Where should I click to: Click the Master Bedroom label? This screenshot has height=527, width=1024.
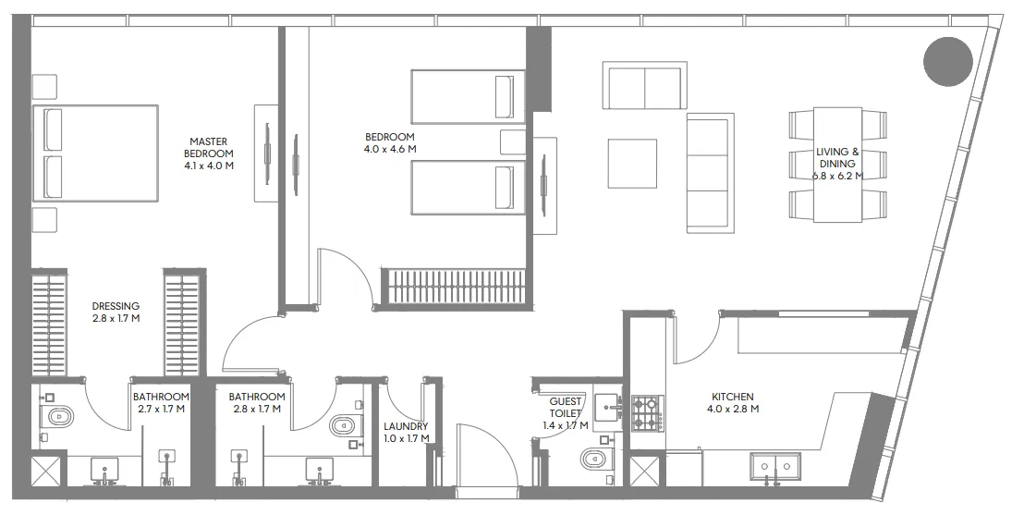pyautogui.click(x=209, y=153)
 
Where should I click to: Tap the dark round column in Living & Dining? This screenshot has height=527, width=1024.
pyautogui.click(x=948, y=61)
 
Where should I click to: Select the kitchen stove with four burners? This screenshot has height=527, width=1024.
pyautogui.click(x=647, y=413)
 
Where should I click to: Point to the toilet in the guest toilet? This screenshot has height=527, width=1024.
pyautogui.click(x=594, y=460)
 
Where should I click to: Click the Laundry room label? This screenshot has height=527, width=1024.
pyautogui.click(x=407, y=433)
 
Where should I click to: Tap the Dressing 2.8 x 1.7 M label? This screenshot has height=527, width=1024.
pyautogui.click(x=116, y=313)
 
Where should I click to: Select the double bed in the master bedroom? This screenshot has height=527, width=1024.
pyautogui.click(x=95, y=153)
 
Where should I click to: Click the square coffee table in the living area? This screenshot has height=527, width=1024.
pyautogui.click(x=632, y=164)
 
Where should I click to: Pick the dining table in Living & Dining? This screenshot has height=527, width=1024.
pyautogui.click(x=838, y=165)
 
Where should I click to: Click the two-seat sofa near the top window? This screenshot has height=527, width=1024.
pyautogui.click(x=644, y=86)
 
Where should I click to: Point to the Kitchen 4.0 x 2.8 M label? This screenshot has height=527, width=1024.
pyautogui.click(x=733, y=403)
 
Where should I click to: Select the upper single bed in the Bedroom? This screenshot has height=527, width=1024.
pyautogui.click(x=469, y=96)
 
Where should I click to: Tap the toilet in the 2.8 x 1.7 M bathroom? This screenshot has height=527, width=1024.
pyautogui.click(x=346, y=426)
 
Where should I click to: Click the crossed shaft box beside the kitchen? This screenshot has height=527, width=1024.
pyautogui.click(x=643, y=472)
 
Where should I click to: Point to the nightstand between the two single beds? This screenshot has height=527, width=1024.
pyautogui.click(x=513, y=141)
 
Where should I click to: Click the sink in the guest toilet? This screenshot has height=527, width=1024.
pyautogui.click(x=609, y=407)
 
